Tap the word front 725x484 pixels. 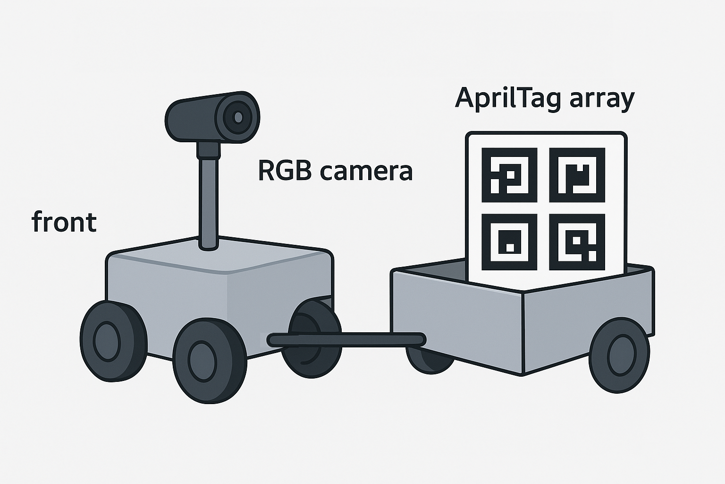pos(64,222)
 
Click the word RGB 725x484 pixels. pos(284,171)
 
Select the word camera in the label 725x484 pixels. pos(366,172)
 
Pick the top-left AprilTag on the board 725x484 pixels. pos(509,175)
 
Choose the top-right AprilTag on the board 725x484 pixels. pos(577,175)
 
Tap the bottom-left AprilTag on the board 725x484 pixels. pos(509,242)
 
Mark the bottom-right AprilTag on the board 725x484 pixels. pos(577,242)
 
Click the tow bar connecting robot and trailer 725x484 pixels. pos(347,340)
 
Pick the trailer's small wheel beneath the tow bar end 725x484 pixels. pos(430,359)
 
